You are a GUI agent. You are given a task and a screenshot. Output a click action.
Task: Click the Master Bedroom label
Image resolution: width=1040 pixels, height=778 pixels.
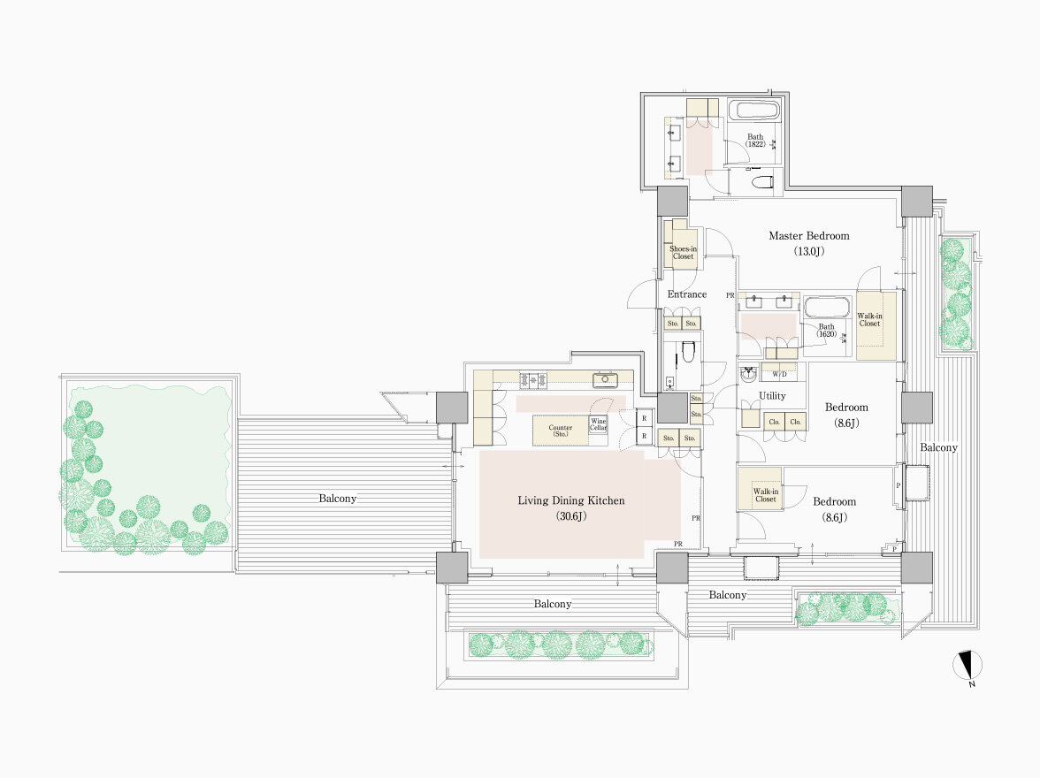(x=808, y=235)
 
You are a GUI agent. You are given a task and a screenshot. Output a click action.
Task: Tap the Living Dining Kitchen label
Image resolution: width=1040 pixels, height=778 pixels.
(x=571, y=500)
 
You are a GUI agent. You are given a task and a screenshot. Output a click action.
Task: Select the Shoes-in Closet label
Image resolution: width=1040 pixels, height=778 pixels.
(x=683, y=253)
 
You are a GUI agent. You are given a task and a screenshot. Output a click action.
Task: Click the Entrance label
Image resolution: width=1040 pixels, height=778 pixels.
(x=687, y=294)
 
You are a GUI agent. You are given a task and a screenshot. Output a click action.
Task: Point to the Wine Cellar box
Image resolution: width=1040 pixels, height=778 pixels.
(x=598, y=424)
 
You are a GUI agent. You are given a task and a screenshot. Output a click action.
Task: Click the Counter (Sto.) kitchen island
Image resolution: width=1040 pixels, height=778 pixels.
(x=561, y=431)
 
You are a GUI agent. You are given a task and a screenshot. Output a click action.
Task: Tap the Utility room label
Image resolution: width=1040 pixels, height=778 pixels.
(x=772, y=396)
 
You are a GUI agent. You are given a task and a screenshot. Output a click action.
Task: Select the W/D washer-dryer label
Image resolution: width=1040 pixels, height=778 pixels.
(x=779, y=374)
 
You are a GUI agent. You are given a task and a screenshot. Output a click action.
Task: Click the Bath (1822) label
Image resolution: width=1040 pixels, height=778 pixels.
(x=755, y=141)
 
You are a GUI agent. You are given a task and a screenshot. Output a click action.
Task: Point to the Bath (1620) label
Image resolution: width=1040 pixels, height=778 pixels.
(x=826, y=331)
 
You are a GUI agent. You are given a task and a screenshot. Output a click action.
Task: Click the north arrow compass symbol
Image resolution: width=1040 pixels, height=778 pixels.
(x=967, y=665)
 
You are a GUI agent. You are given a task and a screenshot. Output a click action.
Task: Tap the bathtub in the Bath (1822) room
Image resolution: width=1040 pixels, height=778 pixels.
(x=754, y=111)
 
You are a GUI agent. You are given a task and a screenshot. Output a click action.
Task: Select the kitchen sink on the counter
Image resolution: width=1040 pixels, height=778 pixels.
(x=605, y=379)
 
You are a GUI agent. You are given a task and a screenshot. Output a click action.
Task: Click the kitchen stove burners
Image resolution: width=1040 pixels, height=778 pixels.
(x=533, y=380)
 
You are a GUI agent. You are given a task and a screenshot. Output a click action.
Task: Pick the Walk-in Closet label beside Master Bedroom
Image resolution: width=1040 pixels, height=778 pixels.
(x=869, y=320)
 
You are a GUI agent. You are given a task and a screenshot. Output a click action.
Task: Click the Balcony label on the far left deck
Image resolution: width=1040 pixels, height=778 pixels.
(x=337, y=498)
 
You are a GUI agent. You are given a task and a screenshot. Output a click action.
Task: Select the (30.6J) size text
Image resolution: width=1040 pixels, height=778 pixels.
(x=571, y=516)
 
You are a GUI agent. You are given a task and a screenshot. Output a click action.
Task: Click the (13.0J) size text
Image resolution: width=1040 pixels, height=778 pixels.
(x=809, y=251)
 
